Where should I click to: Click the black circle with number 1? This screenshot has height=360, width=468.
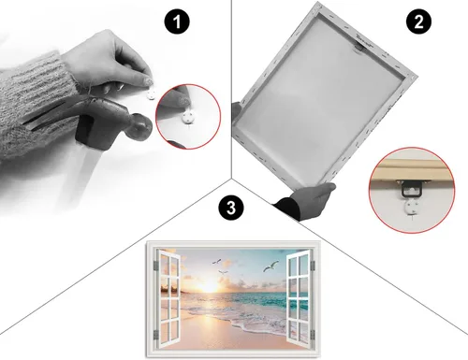[x=177, y=22]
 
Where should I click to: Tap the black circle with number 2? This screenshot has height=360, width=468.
[x=418, y=22]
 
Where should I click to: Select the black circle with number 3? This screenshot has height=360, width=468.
[x=231, y=208]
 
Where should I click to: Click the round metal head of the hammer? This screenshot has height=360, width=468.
[x=141, y=127]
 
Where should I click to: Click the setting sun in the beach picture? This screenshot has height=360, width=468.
[x=209, y=285]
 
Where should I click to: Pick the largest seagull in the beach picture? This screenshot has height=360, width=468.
[x=271, y=266]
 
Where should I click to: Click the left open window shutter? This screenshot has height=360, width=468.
[x=168, y=298]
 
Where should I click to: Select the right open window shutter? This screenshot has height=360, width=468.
[x=300, y=296]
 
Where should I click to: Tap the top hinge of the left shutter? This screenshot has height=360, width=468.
[x=156, y=266]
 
